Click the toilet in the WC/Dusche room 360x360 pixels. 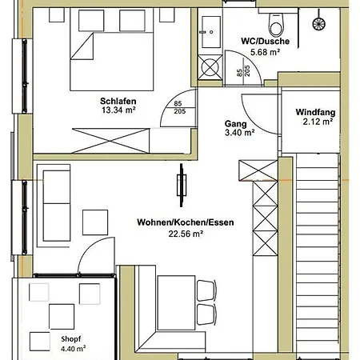click(x=276, y=25)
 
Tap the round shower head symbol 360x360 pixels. click(x=318, y=23)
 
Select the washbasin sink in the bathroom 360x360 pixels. click(x=211, y=32)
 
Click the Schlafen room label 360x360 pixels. click(x=118, y=101)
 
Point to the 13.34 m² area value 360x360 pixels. click(x=118, y=110)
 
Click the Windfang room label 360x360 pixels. click(x=315, y=112)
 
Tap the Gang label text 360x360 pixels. click(x=236, y=124)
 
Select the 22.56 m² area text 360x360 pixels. click(x=186, y=234)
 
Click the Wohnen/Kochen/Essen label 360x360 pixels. click(x=186, y=222)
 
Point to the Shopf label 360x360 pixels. click(x=71, y=339)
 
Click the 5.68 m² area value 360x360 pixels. click(x=265, y=52)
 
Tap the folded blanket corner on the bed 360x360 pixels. click(x=82, y=46)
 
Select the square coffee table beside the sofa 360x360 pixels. click(x=95, y=222)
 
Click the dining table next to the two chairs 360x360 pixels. click(x=176, y=303)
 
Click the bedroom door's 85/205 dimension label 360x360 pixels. click(x=179, y=107)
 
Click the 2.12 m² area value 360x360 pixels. click(x=318, y=122)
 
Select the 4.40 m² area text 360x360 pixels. click(x=73, y=349)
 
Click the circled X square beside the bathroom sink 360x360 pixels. click(x=210, y=67)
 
